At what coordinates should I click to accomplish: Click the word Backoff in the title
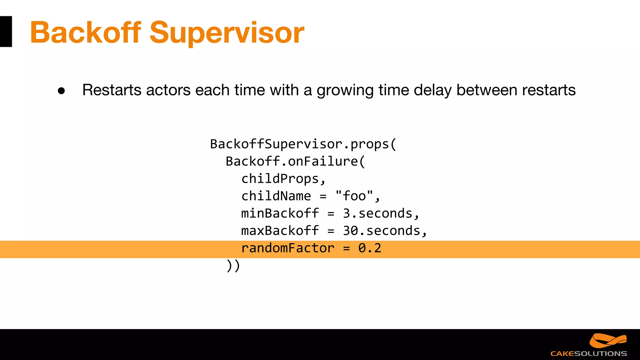coord(85,32)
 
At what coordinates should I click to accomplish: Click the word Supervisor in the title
coord(227,32)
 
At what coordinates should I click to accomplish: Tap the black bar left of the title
coord(6,32)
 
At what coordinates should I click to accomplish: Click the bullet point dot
coord(61,91)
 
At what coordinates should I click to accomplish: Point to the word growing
coord(345,91)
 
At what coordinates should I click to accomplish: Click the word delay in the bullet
coord(432,91)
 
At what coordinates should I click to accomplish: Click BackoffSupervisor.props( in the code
coord(303,144)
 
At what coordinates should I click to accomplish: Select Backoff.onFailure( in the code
coord(295,162)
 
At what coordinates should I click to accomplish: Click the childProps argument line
coord(283,179)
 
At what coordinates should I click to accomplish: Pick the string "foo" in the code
coord(354,196)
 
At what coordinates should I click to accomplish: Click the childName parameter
coord(276,196)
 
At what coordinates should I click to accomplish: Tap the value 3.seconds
coord(377,213)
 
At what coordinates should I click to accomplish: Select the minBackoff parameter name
coord(280,213)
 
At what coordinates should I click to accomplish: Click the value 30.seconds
coord(382,231)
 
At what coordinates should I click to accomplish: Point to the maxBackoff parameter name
coord(280,231)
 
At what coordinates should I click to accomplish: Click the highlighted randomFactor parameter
coord(288,248)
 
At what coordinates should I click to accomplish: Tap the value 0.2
coord(370,248)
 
